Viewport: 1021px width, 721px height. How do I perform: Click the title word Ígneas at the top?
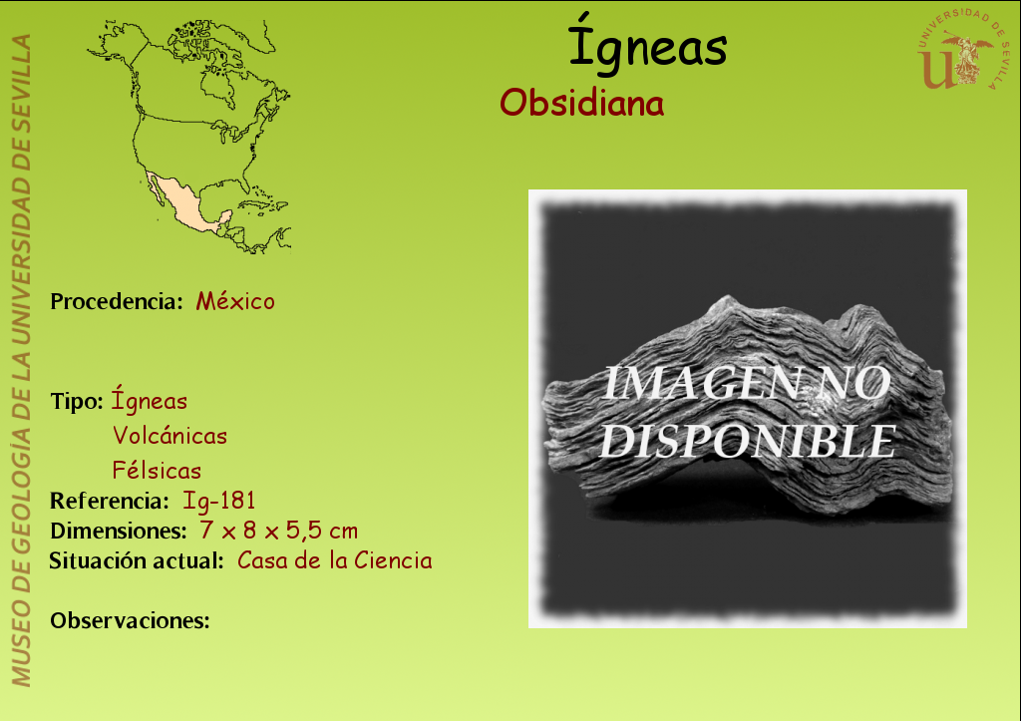point(647,44)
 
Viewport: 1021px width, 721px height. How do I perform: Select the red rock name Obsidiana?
point(581,103)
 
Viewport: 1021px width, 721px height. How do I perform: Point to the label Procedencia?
point(117,301)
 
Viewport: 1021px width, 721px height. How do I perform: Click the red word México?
point(235,301)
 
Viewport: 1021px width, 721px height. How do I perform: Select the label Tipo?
point(76,401)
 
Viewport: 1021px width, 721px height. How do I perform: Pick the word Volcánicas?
point(170,435)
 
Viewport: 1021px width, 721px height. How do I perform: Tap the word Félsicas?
point(157,471)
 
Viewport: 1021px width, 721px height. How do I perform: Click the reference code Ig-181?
point(218,501)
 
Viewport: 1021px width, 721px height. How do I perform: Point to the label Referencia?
point(110,501)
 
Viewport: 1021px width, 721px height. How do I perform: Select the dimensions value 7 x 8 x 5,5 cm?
point(279,531)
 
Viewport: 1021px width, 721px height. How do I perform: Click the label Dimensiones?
point(119,531)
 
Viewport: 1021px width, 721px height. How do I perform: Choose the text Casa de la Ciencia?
point(335,560)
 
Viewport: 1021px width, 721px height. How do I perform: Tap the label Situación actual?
point(137,560)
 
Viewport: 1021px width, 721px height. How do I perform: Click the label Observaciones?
point(130,620)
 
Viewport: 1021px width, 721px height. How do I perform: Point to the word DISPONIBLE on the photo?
point(748,442)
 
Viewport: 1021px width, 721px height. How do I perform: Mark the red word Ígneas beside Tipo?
point(150,399)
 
